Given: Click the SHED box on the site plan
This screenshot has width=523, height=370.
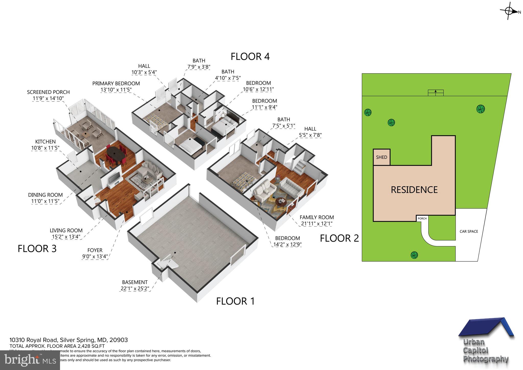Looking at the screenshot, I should click(382, 157).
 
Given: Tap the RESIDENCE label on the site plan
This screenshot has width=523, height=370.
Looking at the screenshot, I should click(414, 190).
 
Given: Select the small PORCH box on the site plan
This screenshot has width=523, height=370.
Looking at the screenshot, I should click(422, 218).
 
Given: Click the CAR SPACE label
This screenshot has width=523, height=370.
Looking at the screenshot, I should click(469, 232).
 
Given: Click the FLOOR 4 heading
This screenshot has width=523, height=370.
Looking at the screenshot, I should click(250, 56).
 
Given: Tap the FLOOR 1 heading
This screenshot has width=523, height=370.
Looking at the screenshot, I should click(235, 301).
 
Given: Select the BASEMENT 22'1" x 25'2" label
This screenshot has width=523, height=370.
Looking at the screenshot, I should click(135, 285).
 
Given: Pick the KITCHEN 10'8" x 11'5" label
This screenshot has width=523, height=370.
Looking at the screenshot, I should click(45, 145).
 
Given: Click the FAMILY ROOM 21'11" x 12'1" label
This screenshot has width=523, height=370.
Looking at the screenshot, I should click(317, 220).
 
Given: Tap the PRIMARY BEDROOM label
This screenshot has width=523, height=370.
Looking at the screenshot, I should click(116, 86).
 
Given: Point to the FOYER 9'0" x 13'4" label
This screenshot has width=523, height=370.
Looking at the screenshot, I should click(95, 253).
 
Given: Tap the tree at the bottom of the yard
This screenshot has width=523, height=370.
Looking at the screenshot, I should click(414, 255).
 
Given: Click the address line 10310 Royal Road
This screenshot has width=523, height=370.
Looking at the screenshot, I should click(68, 340).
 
